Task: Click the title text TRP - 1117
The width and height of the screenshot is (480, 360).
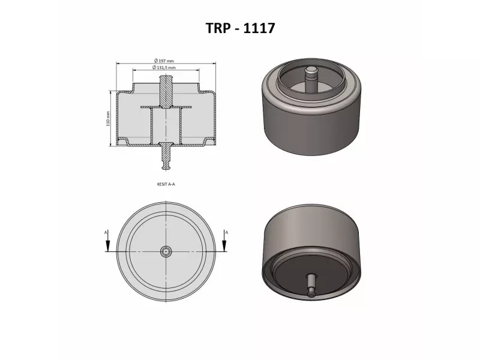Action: pos(240,28)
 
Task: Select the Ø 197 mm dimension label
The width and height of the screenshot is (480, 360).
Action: pos(164,61)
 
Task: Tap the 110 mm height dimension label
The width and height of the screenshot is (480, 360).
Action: pos(108,119)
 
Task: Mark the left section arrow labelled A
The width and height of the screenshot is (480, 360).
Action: pos(107,241)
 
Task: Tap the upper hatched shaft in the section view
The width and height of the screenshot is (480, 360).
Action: pos(165,90)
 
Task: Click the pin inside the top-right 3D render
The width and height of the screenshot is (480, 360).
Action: pos(311,78)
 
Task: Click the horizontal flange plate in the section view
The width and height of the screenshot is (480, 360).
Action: pos(165,107)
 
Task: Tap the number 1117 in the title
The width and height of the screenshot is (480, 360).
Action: pos(260,28)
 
